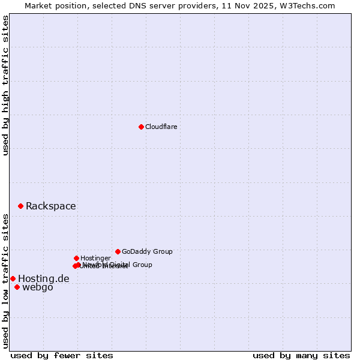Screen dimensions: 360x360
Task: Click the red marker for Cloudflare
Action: click(141, 127)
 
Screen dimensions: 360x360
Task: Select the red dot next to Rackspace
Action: click(20, 206)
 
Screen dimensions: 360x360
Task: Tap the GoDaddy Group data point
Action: click(118, 251)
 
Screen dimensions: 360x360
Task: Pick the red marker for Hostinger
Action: click(76, 258)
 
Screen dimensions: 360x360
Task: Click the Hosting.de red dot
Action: click(13, 278)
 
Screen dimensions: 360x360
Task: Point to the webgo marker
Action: click(17, 287)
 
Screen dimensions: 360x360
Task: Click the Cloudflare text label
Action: click(161, 127)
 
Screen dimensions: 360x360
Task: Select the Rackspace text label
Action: click(50, 206)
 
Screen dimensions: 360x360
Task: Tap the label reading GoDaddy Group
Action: click(147, 251)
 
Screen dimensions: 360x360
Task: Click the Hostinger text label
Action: click(95, 258)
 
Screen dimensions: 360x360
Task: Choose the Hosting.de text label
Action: click(43, 278)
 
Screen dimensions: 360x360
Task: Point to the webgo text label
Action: click(37, 287)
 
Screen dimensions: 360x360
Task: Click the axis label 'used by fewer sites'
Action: click(62, 355)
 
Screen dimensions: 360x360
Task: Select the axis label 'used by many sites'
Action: click(301, 355)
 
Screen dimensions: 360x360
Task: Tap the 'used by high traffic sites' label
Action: click(6, 85)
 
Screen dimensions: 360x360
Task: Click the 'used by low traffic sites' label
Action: click(6, 281)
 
